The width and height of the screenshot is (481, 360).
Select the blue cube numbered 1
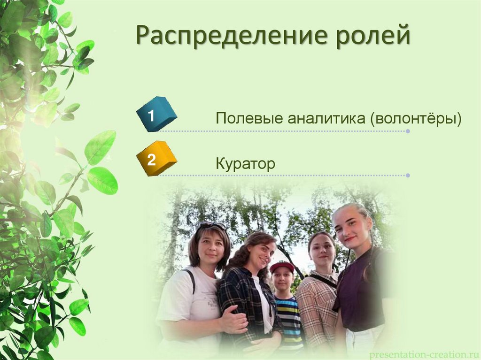click(x=156, y=115)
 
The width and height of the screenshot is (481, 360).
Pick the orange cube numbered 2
click(x=156, y=159)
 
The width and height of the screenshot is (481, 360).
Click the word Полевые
click(x=249, y=118)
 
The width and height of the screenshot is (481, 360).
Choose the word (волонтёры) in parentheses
click(x=416, y=119)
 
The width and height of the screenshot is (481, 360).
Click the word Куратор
click(x=245, y=163)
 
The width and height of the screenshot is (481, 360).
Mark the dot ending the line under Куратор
click(x=408, y=176)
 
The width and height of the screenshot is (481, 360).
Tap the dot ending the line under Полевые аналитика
click(x=408, y=131)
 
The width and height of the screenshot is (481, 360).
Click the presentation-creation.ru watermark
click(x=425, y=354)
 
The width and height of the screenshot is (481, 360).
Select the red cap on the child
click(x=282, y=267)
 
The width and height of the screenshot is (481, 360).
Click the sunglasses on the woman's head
click(x=212, y=226)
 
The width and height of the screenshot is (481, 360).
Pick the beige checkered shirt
click(x=316, y=310)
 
